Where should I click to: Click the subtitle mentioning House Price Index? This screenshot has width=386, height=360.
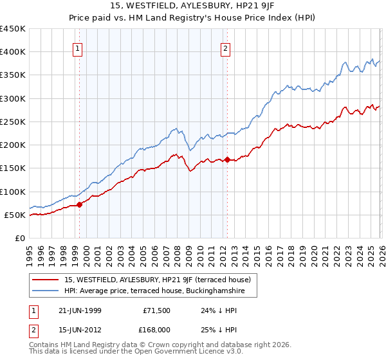[193, 19]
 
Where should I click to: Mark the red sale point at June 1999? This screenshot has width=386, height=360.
[80, 205]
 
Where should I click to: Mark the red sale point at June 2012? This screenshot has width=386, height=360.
[227, 160]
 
